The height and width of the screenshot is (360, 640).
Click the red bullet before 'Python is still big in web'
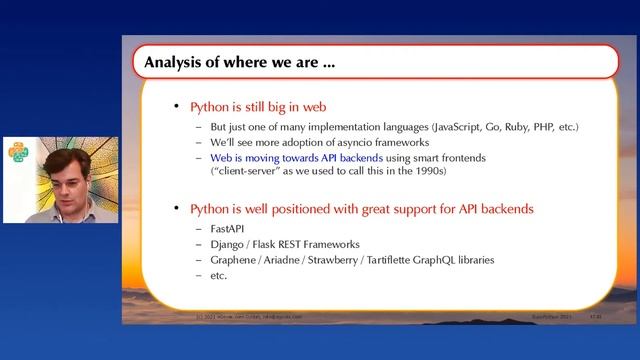tap(178, 107)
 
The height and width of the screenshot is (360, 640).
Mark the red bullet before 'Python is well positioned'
tap(178, 209)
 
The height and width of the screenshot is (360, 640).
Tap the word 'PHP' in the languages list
tap(543, 128)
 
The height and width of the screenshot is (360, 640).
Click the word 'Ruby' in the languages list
tap(513, 128)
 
